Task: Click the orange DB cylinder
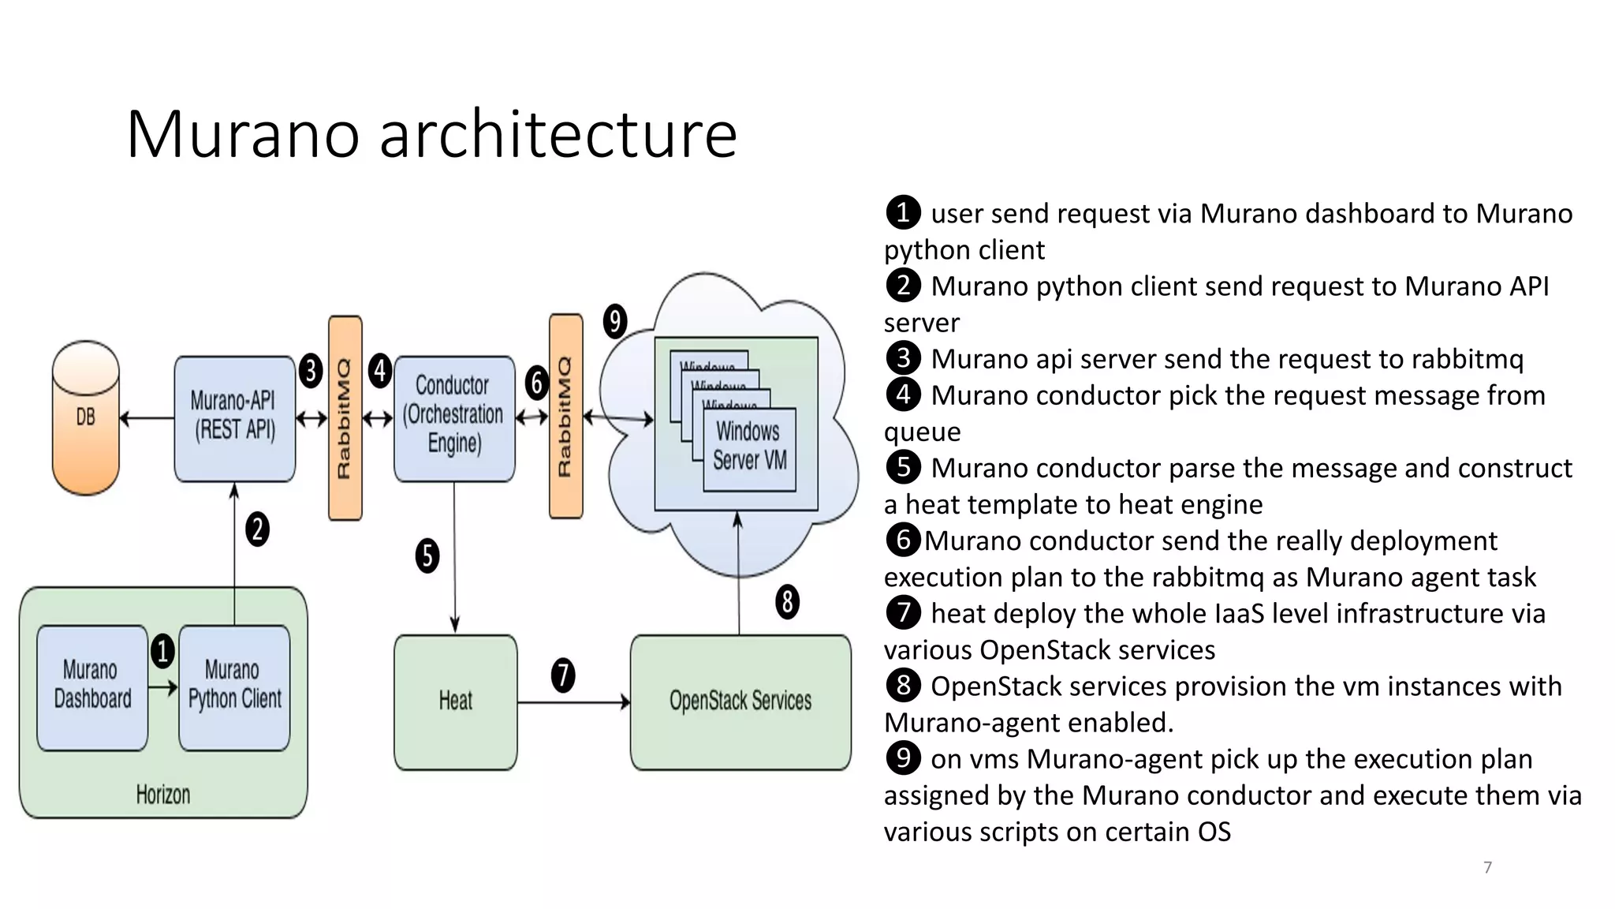tap(85, 417)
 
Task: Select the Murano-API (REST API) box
tap(234, 417)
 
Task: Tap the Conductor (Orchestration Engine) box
tap(453, 417)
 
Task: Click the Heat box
tap(455, 701)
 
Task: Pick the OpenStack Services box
tap(740, 701)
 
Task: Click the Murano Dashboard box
tap(91, 686)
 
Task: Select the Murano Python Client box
tap(234, 686)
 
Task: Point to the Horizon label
tap(162, 794)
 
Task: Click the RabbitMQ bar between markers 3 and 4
tap(345, 417)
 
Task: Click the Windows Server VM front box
tap(748, 448)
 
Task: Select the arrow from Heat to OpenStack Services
tap(573, 701)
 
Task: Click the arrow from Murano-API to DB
tap(147, 418)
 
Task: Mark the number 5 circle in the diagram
tap(427, 555)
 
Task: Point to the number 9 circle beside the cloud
tap(614, 321)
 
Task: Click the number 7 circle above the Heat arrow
tap(562, 675)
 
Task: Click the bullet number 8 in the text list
tap(903, 686)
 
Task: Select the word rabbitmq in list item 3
tap(1467, 359)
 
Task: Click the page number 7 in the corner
tap(1487, 867)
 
